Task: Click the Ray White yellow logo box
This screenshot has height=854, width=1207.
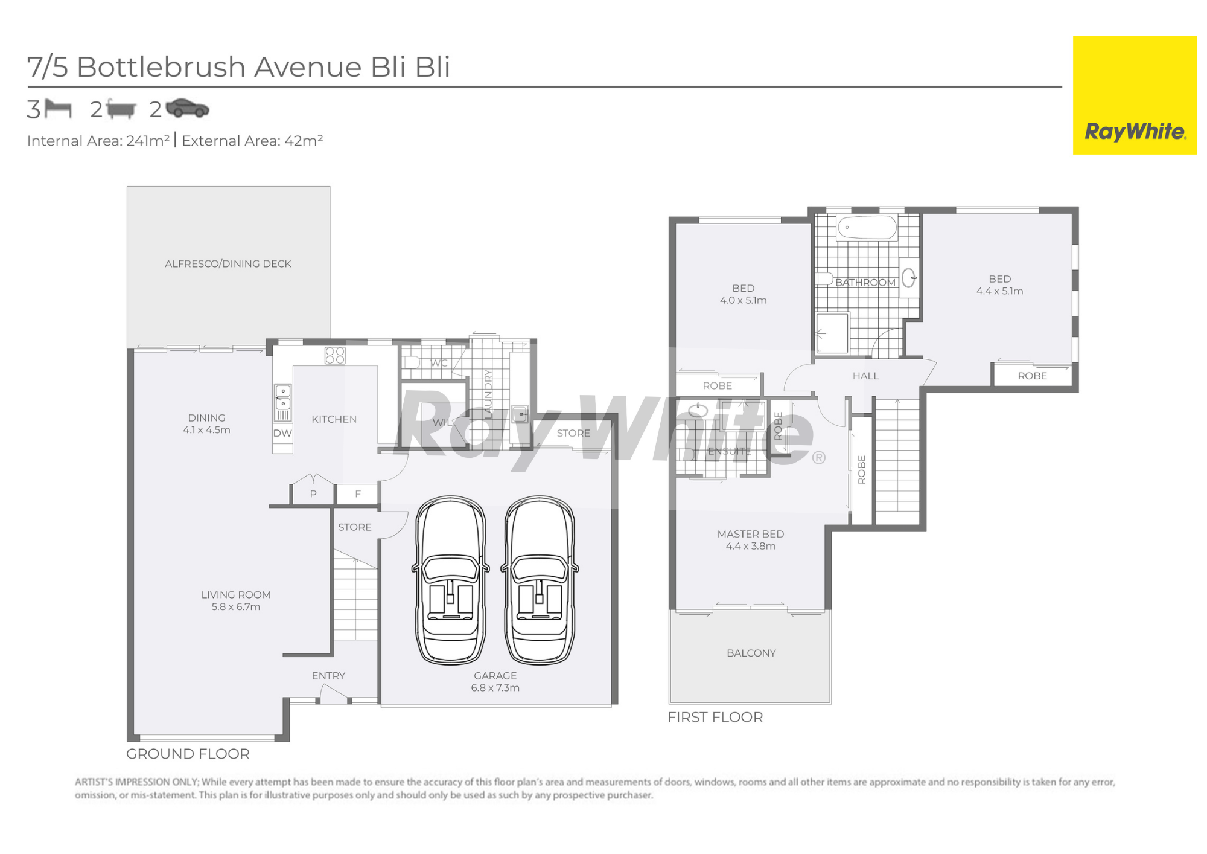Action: (x=1135, y=95)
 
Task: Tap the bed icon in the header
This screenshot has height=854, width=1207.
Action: (x=58, y=109)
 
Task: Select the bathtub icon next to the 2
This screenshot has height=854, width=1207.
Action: (x=121, y=109)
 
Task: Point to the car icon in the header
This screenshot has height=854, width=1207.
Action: (x=187, y=108)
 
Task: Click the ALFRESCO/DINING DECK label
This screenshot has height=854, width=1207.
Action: (x=228, y=264)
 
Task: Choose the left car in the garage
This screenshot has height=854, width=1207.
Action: (x=450, y=580)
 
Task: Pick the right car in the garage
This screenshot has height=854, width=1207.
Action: (x=540, y=580)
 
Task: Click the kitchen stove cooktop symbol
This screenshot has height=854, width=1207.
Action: (x=335, y=355)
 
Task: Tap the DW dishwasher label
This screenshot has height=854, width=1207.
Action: (x=282, y=433)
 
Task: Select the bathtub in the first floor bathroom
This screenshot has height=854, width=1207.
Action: (x=867, y=228)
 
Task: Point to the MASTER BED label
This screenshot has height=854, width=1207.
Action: (x=751, y=534)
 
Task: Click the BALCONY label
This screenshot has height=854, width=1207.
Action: (x=751, y=653)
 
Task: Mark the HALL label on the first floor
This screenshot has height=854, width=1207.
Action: (x=866, y=376)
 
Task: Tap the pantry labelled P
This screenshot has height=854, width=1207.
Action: (x=313, y=494)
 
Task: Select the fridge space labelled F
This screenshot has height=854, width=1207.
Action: (x=358, y=494)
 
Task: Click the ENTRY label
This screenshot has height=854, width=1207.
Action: (x=328, y=676)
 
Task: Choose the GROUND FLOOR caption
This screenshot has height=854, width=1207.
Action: (x=188, y=754)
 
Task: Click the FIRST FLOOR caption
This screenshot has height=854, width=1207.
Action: (x=715, y=717)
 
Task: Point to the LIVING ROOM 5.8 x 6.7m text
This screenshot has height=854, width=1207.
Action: (x=236, y=600)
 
